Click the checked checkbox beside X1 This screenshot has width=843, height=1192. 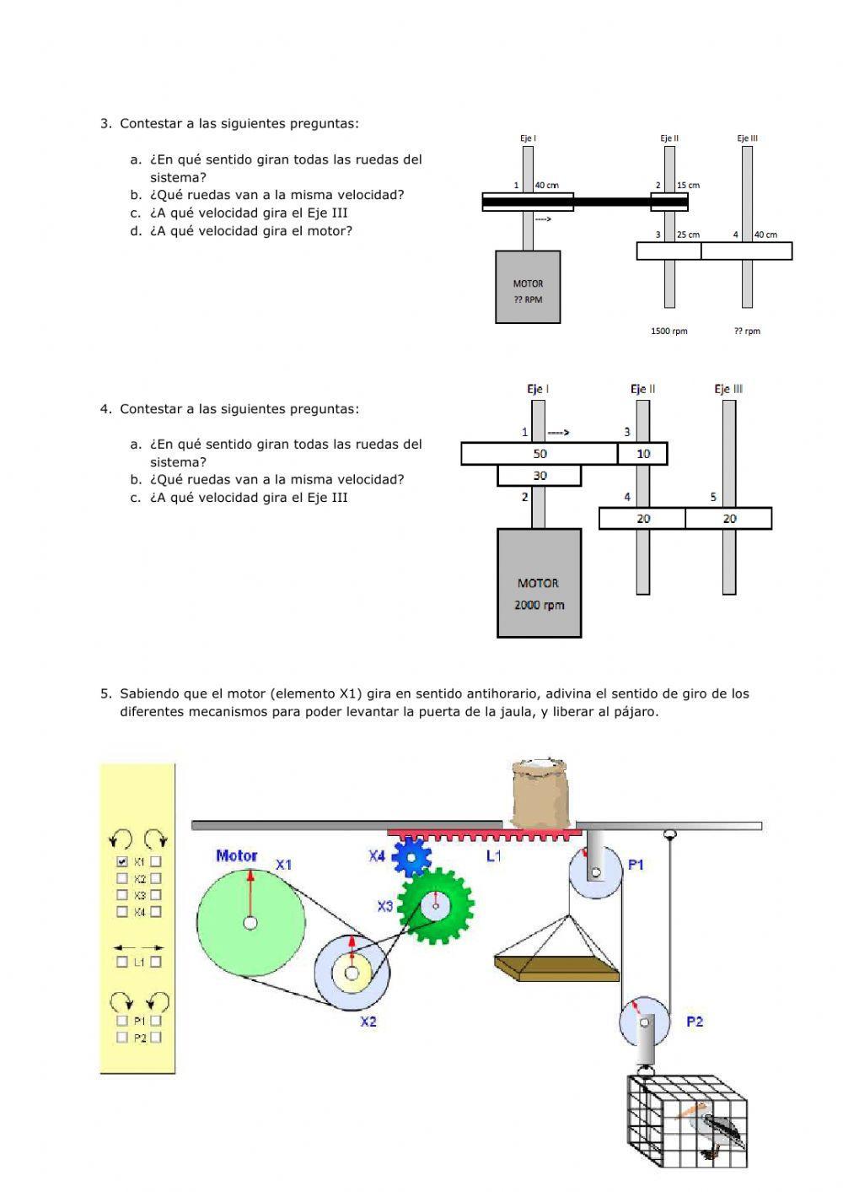(122, 862)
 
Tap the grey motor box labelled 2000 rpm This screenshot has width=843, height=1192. (539, 582)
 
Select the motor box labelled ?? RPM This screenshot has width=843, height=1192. (528, 286)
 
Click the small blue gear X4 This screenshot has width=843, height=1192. (411, 857)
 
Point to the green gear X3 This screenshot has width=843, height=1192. (435, 906)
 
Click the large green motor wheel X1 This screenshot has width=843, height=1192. (250, 922)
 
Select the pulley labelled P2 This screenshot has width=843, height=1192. (645, 1022)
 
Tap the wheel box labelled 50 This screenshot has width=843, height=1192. (540, 454)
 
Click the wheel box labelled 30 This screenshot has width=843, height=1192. (540, 476)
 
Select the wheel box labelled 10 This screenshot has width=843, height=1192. (643, 454)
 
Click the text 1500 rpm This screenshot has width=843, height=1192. (669, 331)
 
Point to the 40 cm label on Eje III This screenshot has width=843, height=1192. (765, 235)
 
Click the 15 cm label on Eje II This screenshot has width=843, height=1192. (688, 185)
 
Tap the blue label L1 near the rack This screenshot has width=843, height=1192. (494, 855)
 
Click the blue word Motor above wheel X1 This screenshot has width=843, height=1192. (237, 855)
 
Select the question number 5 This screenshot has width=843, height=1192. (105, 693)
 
